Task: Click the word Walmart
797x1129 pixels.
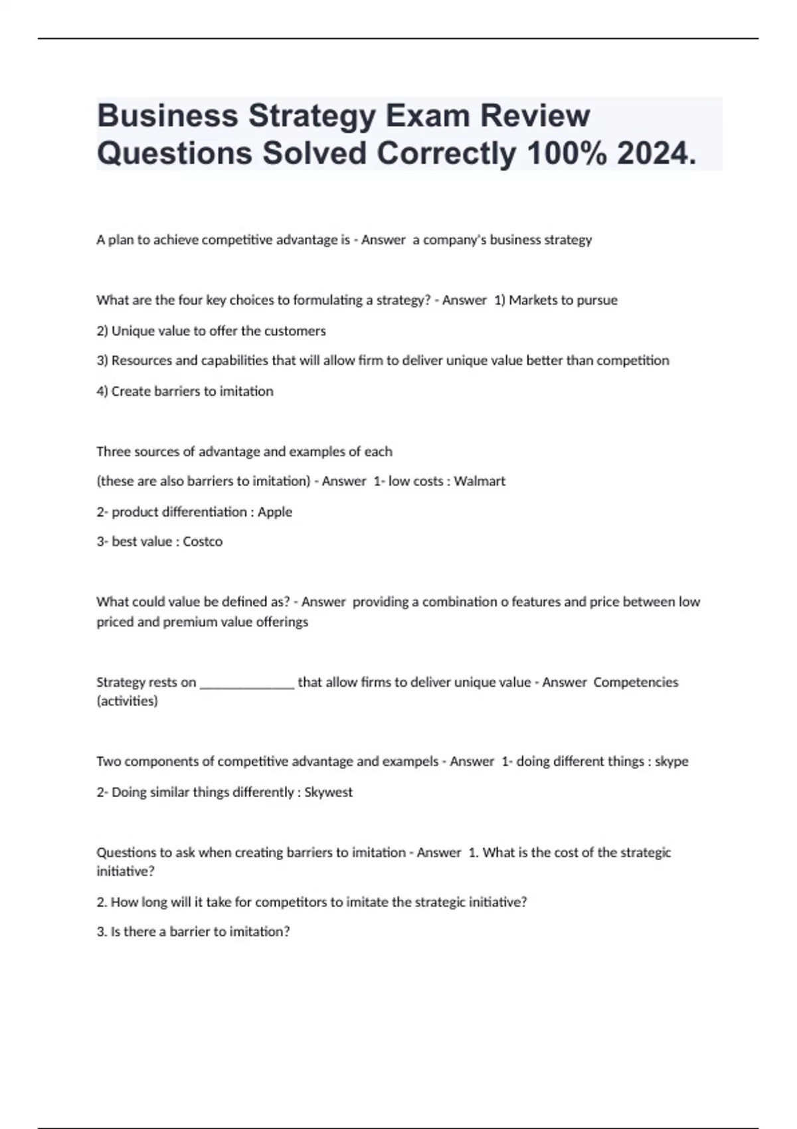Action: point(480,481)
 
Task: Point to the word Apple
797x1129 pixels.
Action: point(275,511)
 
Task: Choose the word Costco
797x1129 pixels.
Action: point(203,541)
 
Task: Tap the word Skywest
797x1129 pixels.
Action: point(328,792)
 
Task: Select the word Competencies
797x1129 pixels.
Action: point(636,682)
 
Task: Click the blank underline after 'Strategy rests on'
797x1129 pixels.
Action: point(247,684)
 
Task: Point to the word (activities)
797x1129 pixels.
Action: point(128,701)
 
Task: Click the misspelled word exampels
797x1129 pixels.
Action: point(410,761)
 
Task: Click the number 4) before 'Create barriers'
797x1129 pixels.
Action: point(102,391)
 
